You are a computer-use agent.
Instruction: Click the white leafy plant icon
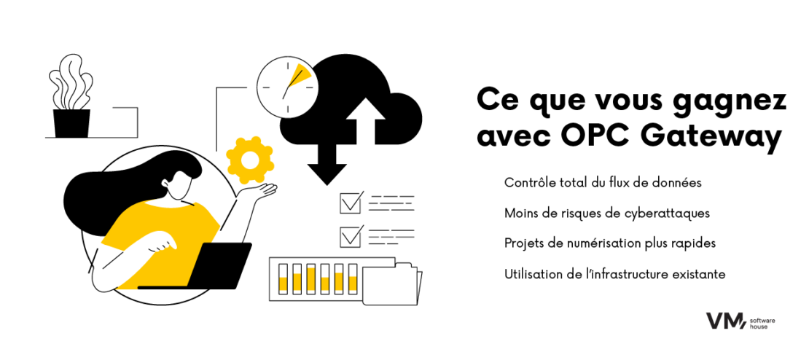70,83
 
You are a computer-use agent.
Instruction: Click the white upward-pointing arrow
365,123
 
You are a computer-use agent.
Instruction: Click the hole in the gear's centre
250,159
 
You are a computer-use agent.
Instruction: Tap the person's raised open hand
262,192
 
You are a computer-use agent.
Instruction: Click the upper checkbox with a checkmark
351,203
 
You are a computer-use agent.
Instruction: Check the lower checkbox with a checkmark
351,237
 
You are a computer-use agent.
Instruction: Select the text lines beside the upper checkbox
391,203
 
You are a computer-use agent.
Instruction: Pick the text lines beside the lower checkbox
391,237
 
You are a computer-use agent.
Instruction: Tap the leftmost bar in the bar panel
284,279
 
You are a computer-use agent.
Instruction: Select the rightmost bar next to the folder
353,280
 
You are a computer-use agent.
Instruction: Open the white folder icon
391,285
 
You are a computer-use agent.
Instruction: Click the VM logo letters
724,321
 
